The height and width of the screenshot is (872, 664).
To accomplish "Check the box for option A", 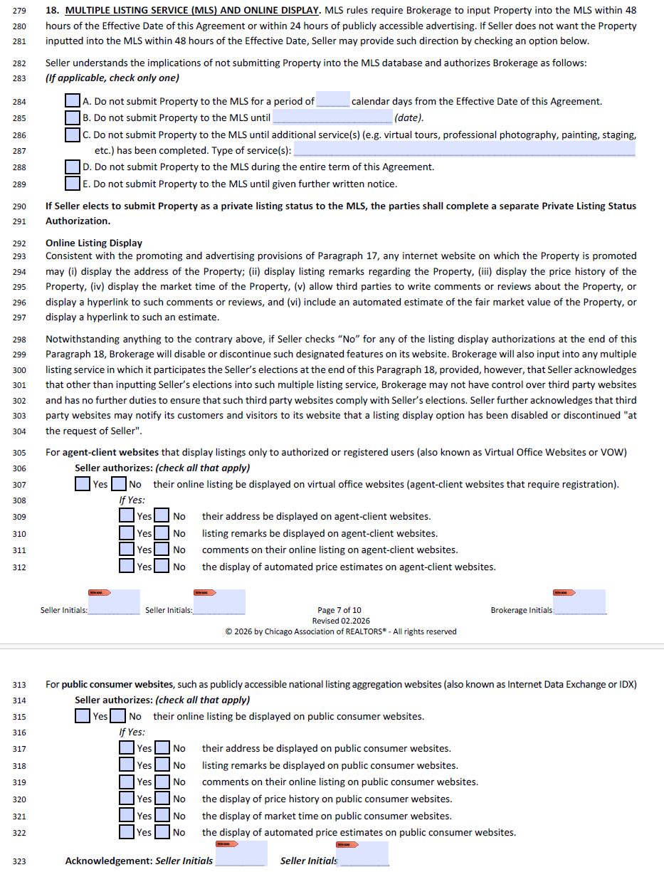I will tap(72, 101).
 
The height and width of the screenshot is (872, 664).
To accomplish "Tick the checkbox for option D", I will tap(72, 167).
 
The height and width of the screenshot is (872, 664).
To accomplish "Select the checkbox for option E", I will tap(72, 184).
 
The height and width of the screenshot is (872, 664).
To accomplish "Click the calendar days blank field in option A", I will tap(333, 100).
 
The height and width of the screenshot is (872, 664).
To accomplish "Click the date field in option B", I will tap(332, 117).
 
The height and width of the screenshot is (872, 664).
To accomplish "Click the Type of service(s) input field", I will tap(464, 150).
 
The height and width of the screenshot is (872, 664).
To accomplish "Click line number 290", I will tap(19, 206).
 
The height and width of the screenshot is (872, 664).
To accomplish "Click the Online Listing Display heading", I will tap(94, 243).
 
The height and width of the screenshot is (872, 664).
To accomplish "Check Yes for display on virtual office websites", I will tap(83, 484).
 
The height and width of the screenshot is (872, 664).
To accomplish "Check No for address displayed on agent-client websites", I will tap(162, 516).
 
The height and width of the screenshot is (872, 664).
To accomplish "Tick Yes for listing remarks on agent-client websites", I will tap(127, 533).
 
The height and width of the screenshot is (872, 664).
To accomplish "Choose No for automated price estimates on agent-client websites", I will tap(162, 567).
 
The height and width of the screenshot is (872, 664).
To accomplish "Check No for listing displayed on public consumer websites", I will tap(118, 716).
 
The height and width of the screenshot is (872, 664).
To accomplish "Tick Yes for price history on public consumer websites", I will tap(127, 799).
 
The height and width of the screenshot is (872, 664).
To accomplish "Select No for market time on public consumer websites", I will tap(162, 816).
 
